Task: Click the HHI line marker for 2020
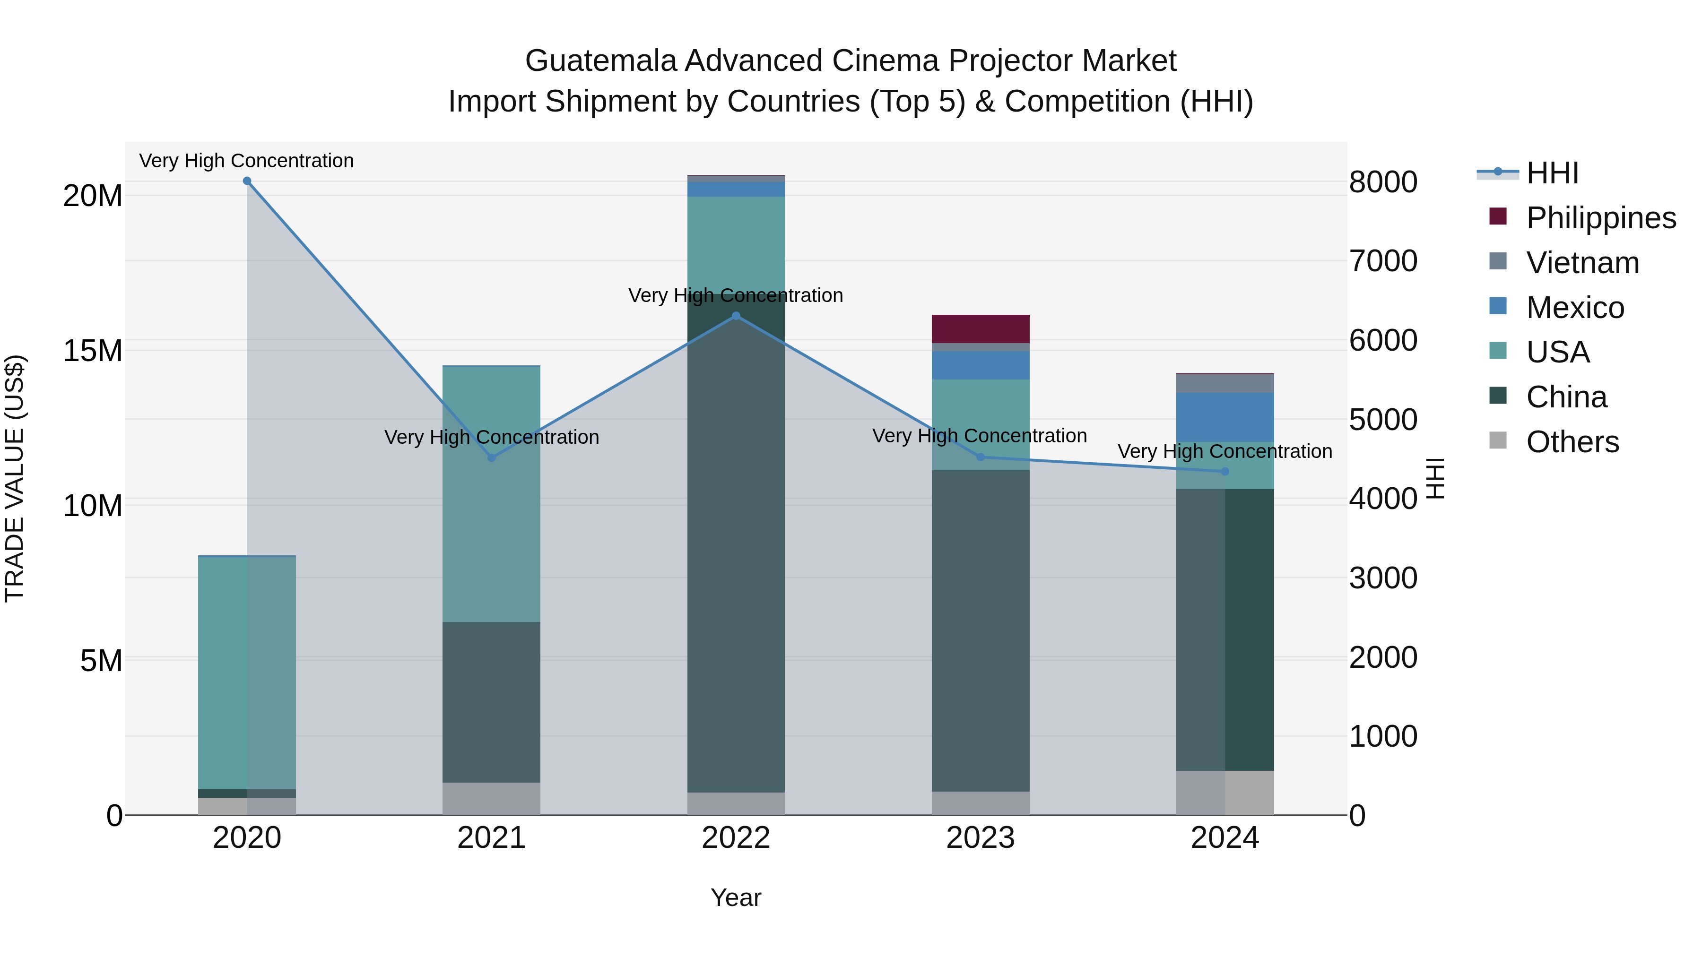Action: tap(247, 181)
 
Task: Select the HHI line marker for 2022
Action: tap(736, 316)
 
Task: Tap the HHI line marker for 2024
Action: tap(1225, 472)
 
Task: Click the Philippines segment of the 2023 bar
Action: tap(981, 329)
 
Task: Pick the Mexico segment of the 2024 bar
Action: tap(1225, 417)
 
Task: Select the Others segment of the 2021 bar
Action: tap(492, 799)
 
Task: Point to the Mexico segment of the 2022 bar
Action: tap(736, 190)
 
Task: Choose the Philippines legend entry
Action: tap(1600, 218)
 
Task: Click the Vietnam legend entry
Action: tap(1582, 263)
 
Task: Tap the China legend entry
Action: tap(1566, 397)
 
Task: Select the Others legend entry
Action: tap(1572, 442)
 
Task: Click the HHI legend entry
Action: tap(1551, 173)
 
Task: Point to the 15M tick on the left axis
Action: tap(93, 351)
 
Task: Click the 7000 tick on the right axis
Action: tap(1383, 261)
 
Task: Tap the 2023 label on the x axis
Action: tap(981, 838)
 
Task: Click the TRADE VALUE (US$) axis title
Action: tap(15, 478)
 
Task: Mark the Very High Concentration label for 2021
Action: tap(492, 437)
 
